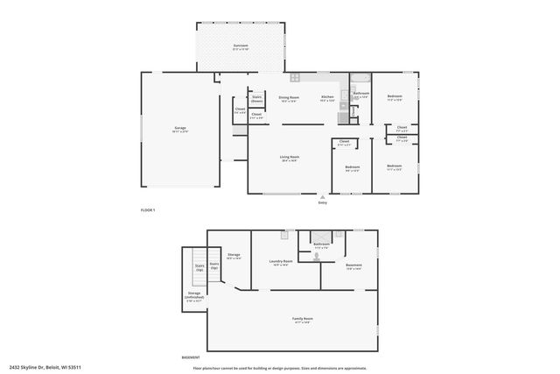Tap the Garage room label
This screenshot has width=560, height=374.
179,129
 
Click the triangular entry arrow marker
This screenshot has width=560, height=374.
323,195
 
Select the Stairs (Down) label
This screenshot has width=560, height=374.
257,99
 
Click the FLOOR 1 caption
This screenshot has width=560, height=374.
148,210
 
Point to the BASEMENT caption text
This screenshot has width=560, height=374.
190,357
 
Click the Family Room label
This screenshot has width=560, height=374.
304,320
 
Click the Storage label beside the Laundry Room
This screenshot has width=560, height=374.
234,255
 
